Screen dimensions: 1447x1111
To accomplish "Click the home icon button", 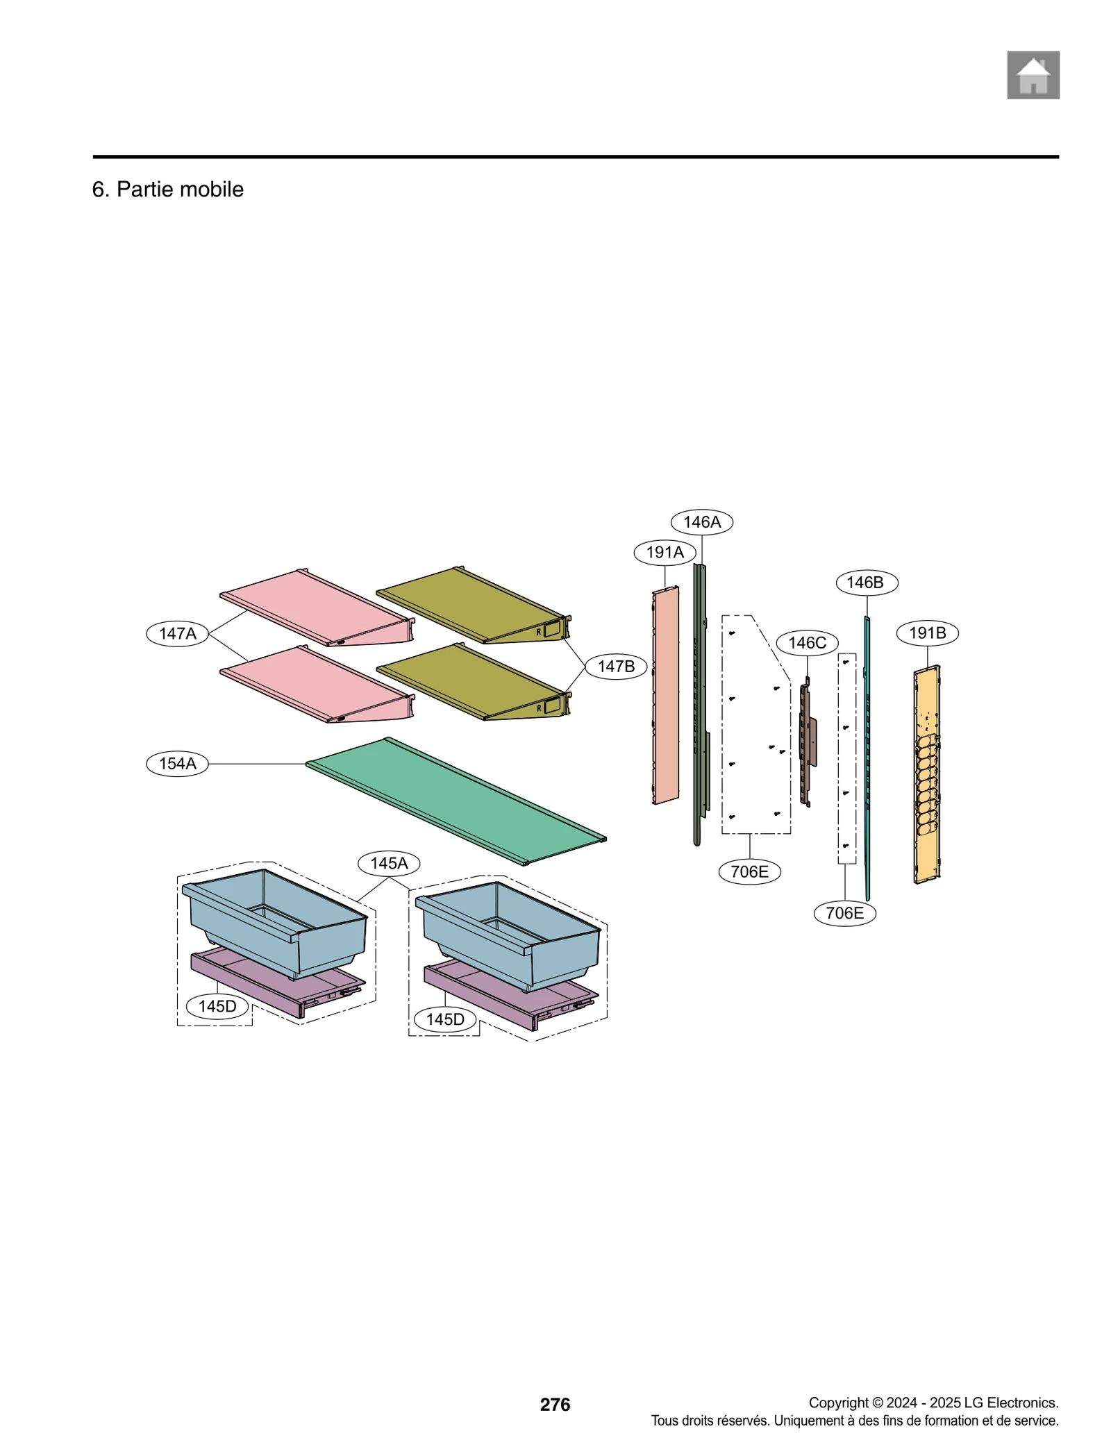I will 1033,75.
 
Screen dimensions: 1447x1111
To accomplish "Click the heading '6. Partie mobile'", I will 167,189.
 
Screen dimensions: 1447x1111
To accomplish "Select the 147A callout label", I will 177,633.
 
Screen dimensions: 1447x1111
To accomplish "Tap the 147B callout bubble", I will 615,667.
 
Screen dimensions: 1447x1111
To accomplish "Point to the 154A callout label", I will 177,764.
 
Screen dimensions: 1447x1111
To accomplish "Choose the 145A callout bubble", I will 389,863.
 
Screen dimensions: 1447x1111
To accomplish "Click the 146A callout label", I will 701,522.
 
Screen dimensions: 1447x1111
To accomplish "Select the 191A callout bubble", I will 665,552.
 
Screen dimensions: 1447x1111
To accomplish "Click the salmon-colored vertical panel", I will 665,694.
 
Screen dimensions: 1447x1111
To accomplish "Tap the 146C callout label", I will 807,643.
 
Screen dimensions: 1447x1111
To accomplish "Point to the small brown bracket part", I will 807,743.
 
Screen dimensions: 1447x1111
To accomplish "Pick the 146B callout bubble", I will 866,583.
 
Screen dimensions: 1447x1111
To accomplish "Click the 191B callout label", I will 927,633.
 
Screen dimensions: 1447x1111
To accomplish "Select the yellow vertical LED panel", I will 926,774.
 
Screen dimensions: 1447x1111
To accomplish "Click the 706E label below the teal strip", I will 844,913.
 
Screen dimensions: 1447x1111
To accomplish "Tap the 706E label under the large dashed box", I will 749,871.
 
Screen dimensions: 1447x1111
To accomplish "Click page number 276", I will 555,1405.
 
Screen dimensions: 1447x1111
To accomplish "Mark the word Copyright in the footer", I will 838,1403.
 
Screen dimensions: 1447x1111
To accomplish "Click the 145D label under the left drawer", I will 217,1006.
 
